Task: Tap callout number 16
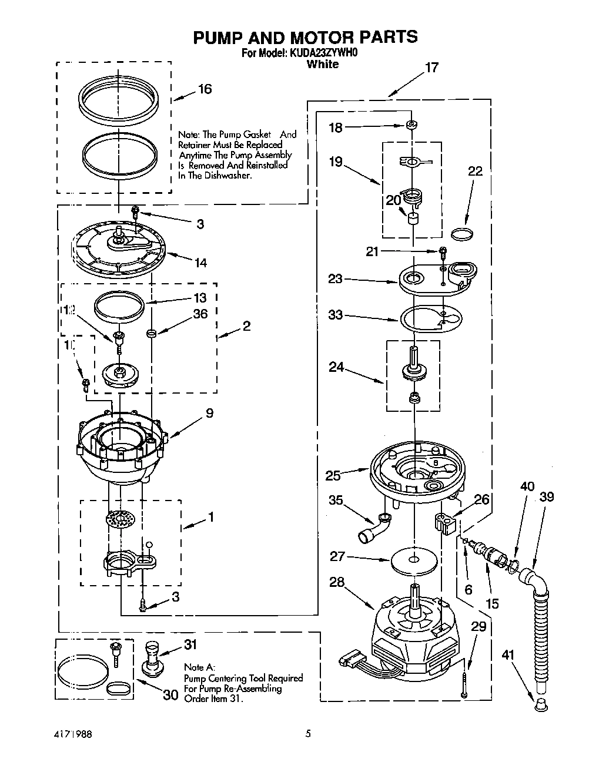coord(205,89)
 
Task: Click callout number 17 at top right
coord(431,68)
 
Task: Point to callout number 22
coord(475,171)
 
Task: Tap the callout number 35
coord(336,500)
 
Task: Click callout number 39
coord(547,497)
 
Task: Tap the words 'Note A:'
coord(199,667)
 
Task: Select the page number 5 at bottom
coord(307,733)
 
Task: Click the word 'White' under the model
coord(322,64)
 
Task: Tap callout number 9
coord(210,413)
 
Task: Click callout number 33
coord(335,315)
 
